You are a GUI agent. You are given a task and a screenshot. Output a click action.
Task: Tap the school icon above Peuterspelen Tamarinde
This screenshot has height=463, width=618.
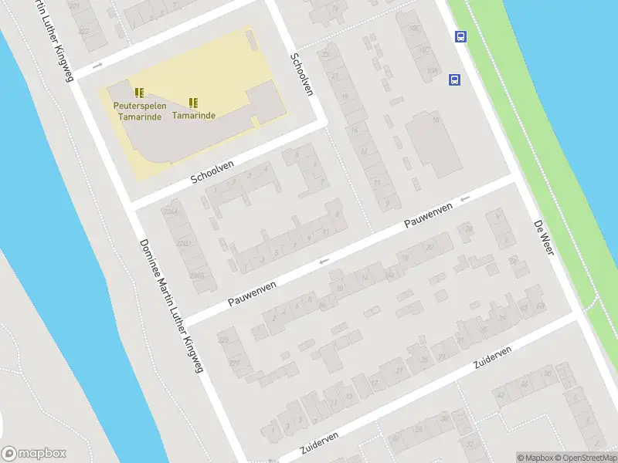click(139, 93)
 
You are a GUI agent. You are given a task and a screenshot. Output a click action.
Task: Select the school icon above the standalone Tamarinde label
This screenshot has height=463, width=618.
click(193, 102)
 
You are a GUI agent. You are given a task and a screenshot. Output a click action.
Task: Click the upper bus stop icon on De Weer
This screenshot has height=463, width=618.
click(460, 36)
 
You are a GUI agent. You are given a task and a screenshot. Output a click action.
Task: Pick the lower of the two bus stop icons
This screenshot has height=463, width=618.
click(454, 79)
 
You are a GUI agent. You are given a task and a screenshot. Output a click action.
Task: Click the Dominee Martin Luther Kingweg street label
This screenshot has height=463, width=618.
click(171, 306)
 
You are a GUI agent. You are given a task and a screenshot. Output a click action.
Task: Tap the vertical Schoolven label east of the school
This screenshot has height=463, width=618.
click(302, 74)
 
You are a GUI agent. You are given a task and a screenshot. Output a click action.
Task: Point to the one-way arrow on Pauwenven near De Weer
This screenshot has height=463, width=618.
click(465, 199)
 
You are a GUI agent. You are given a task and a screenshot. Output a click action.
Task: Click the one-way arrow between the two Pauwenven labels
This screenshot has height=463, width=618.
click(324, 261)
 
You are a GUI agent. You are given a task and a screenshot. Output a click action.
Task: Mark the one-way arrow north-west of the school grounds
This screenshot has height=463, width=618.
click(98, 66)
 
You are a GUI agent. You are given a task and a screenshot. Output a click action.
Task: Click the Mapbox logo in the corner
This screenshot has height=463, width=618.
click(34, 454)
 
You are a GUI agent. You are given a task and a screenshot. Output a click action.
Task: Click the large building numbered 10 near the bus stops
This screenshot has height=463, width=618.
click(437, 143)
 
